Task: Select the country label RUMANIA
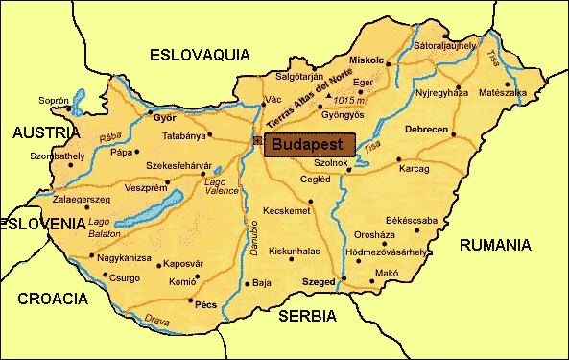point(494,246)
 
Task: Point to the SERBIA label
point(307,315)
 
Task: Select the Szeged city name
point(318,282)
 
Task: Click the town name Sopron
point(54,100)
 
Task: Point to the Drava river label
point(155,319)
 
